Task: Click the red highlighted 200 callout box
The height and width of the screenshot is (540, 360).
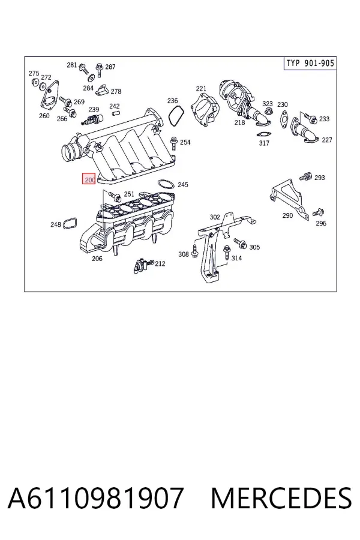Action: tap(89, 179)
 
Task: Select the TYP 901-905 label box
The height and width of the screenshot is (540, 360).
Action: tap(310, 64)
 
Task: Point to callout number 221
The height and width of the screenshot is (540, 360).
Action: tap(201, 89)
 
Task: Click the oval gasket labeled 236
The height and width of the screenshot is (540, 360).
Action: tap(176, 115)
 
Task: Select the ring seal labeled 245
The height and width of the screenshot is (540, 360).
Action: tap(166, 184)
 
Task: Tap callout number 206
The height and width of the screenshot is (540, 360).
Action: tap(97, 258)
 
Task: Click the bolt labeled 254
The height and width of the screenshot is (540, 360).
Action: tap(173, 143)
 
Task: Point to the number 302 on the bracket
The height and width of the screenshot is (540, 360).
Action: tap(215, 217)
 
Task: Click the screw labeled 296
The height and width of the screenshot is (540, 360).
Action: tap(319, 212)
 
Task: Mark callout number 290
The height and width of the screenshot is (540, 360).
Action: tap(287, 215)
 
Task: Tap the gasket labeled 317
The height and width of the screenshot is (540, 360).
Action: tap(263, 134)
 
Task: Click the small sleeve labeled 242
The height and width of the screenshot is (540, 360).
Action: tap(115, 113)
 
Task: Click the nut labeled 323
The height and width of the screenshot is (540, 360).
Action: tap(269, 111)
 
